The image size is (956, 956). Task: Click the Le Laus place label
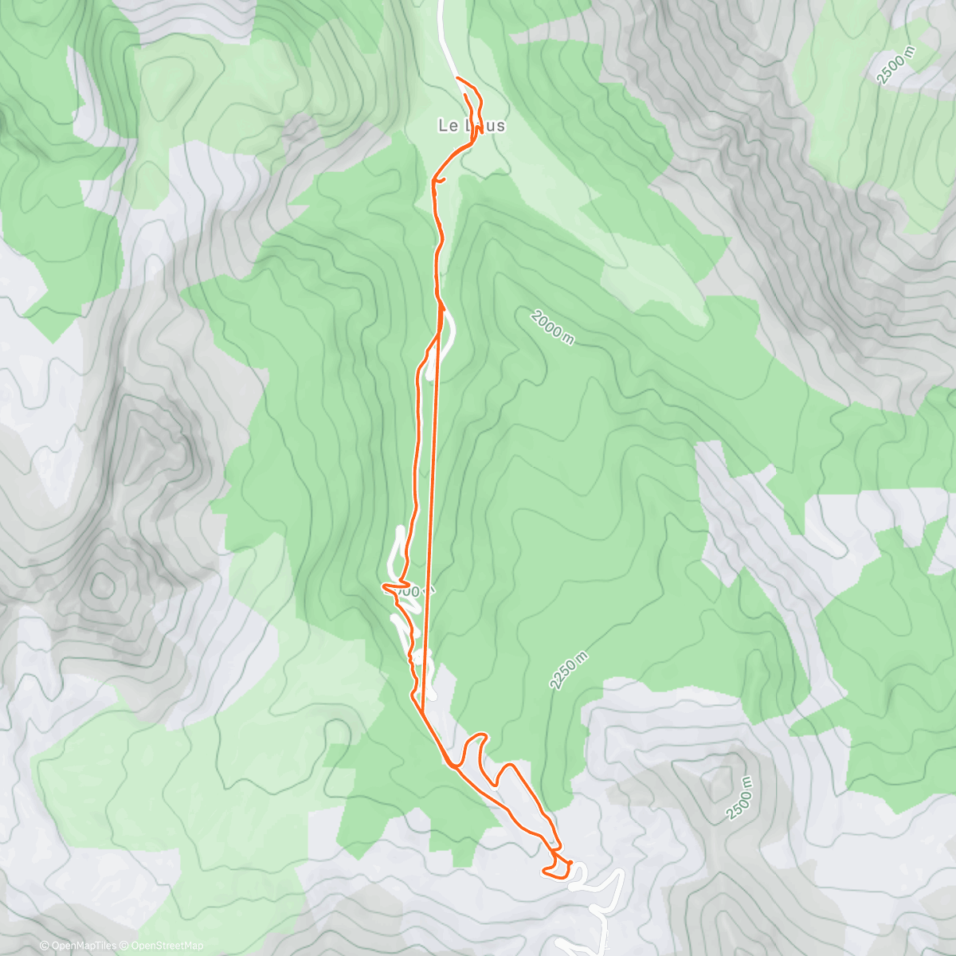pos(471,126)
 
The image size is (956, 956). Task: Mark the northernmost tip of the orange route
pos(456,77)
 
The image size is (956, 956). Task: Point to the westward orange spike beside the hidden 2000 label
pos(387,588)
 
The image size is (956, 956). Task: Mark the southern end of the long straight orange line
pos(424,701)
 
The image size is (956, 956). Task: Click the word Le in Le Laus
pos(447,126)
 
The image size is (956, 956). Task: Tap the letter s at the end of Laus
pos(500,126)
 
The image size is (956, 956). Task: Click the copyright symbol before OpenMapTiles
pos(45,946)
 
